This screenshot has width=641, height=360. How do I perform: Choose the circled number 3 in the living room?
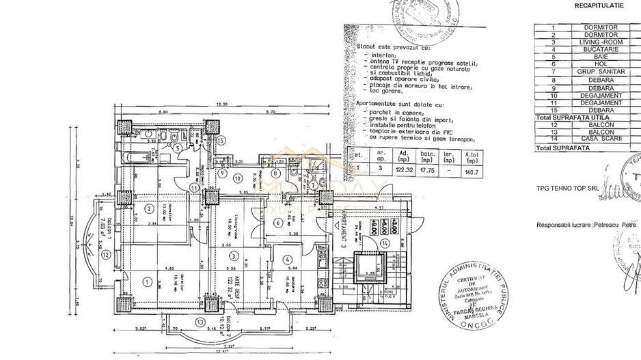point(234,257)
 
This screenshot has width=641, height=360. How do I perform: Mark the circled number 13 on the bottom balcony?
point(200,322)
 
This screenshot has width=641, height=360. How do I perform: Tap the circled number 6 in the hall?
point(278,223)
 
